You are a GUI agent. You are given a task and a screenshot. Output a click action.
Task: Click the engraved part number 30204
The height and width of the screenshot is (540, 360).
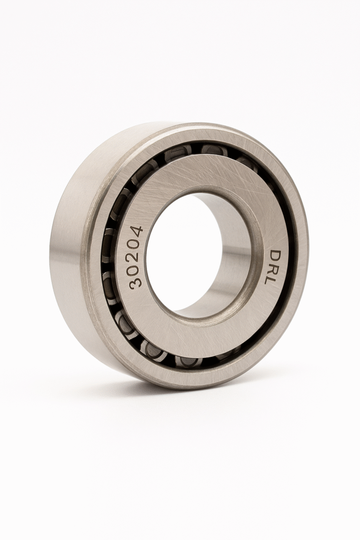(x=135, y=257)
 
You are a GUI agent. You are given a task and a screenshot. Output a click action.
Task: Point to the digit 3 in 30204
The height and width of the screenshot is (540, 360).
(x=135, y=282)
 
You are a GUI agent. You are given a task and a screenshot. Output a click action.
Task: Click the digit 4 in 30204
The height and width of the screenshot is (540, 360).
(x=135, y=232)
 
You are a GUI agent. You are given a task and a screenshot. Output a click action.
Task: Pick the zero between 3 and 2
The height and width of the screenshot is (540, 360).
(x=135, y=269)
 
